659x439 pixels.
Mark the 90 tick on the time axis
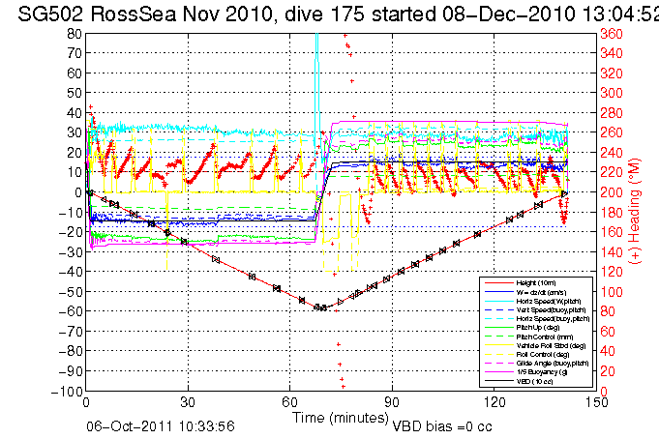(392, 401)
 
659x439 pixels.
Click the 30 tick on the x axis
(189, 401)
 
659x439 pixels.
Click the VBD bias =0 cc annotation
(444, 424)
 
